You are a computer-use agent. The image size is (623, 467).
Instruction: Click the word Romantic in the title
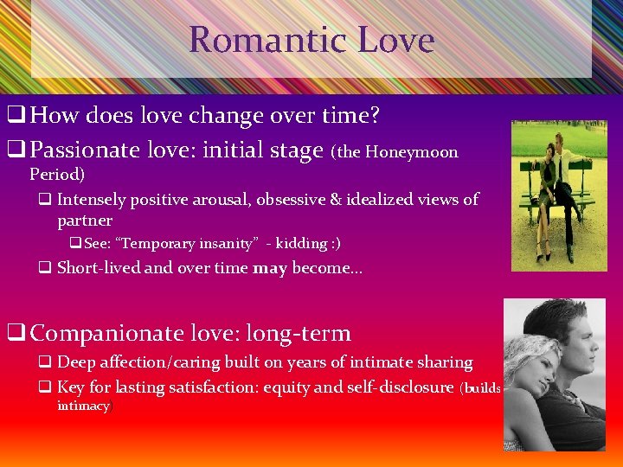(x=252, y=40)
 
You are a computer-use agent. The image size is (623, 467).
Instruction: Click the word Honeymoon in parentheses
(x=411, y=152)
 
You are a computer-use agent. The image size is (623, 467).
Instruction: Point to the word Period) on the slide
(x=57, y=174)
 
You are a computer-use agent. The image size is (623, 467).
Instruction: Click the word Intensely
(x=91, y=200)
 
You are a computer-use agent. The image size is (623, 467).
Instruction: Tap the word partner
(x=85, y=221)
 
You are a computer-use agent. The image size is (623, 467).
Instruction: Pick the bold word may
(x=270, y=268)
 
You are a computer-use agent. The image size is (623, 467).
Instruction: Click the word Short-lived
(x=99, y=268)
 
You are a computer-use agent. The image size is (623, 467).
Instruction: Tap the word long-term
(x=300, y=333)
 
